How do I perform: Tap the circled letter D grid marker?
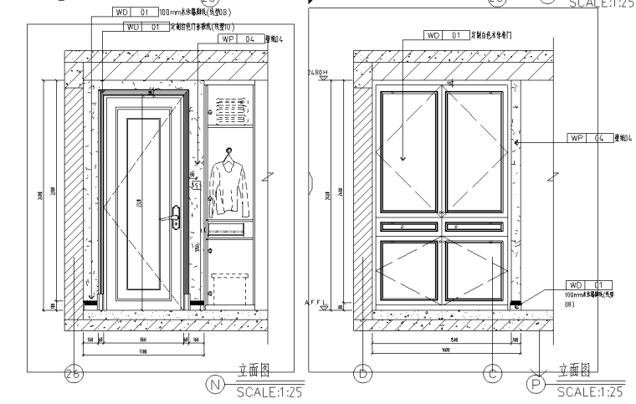tap(362, 374)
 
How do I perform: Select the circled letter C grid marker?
tap(493, 374)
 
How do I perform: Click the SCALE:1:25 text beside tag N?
tap(267, 391)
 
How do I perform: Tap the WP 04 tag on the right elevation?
tap(588, 139)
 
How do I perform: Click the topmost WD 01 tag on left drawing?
tap(133, 13)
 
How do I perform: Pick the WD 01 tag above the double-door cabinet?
tap(444, 36)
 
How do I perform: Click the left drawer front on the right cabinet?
tap(408, 225)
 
